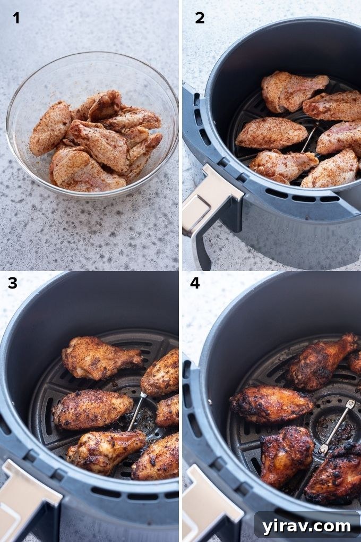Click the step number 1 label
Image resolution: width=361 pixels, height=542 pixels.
pos(16,18)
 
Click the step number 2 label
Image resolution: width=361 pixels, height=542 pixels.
pos(200,18)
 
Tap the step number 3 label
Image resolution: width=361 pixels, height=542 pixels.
pos(13,283)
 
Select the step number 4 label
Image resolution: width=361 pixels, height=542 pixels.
pos(195,283)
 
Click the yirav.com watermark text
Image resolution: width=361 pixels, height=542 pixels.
pos(306,526)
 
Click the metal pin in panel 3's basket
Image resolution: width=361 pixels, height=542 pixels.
pos(136,410)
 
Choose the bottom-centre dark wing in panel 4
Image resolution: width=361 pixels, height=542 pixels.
pos(287,454)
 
